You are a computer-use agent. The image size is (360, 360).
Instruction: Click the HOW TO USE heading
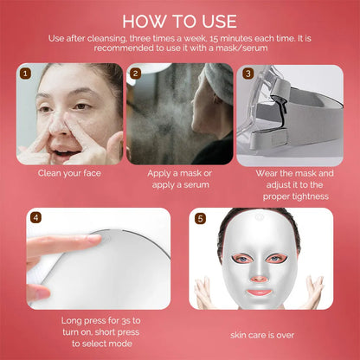click(180, 21)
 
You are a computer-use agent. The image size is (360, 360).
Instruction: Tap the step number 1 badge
click(26, 74)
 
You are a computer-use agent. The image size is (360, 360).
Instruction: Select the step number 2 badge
click(135, 74)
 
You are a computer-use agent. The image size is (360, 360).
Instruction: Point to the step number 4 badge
click(35, 218)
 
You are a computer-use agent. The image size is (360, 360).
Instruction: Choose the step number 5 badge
click(200, 218)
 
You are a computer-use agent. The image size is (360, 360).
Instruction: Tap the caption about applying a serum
click(180, 179)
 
